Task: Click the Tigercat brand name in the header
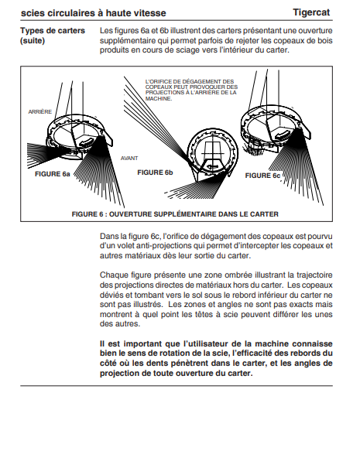pos(311,12)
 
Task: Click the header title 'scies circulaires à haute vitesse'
pos(94,13)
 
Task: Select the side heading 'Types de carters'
pos(53,30)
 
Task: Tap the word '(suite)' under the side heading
pos(33,40)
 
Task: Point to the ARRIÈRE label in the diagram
pos(40,112)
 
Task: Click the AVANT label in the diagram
pos(129,159)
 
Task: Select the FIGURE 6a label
pos(53,174)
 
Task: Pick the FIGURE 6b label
pos(155,172)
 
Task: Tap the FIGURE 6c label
pos(262,176)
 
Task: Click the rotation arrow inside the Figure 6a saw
pos(86,142)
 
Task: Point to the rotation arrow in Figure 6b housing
pos(212,166)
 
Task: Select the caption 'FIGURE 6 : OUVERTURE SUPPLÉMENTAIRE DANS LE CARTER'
pos(175,214)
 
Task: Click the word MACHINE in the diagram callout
pos(158,99)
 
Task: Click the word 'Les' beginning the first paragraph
pos(106,30)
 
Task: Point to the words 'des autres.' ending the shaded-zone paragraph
pos(120,324)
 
